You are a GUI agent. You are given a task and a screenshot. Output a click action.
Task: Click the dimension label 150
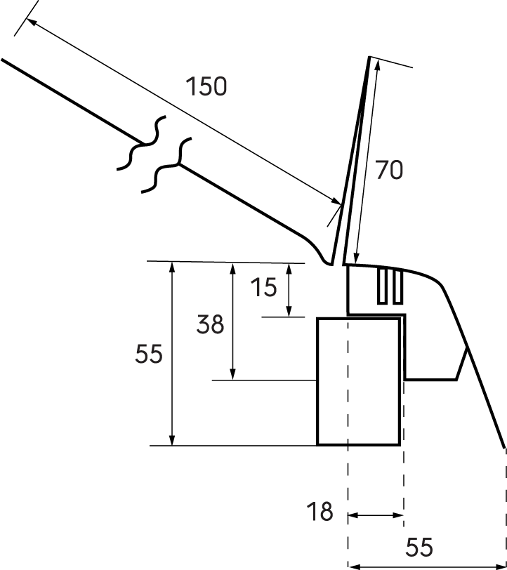point(206,86)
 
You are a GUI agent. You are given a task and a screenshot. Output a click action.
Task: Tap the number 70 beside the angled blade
point(389,170)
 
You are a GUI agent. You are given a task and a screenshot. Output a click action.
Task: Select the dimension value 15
point(264,287)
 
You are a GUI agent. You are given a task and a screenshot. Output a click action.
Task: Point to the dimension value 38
point(210,324)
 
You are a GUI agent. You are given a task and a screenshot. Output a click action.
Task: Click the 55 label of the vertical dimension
point(149,354)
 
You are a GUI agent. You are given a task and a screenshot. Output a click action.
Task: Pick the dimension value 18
point(320,512)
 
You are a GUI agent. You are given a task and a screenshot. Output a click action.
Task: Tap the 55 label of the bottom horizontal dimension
point(419,547)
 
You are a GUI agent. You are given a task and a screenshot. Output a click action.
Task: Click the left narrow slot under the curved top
point(381,286)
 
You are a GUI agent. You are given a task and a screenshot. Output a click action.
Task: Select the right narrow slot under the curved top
point(397,286)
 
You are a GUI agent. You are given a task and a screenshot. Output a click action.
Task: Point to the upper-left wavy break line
point(143,143)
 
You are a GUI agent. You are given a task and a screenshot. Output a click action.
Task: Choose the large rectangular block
point(359,381)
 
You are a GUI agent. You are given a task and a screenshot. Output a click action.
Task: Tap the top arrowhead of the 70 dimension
point(378,65)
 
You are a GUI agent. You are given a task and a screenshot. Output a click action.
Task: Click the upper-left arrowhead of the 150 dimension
point(32,22)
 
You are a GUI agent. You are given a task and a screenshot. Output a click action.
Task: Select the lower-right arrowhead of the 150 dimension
point(336,201)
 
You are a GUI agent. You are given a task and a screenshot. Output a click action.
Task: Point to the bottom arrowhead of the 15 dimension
point(289,311)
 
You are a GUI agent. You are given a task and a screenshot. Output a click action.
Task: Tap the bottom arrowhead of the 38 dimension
point(233,374)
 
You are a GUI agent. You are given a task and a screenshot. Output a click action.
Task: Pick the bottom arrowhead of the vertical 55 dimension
point(173,439)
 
